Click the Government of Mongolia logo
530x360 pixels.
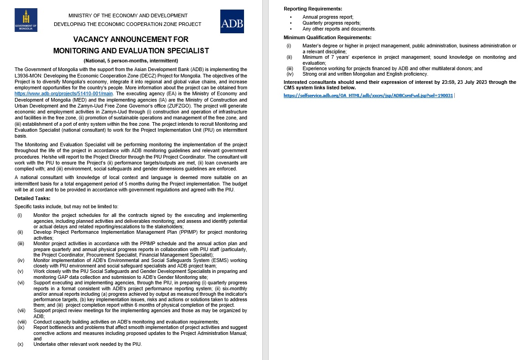(x=26, y=21)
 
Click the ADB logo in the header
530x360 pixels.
(x=232, y=21)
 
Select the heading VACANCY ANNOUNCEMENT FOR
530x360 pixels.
(x=131, y=40)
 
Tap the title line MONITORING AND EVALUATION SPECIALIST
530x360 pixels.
(x=131, y=51)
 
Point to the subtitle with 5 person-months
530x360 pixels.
(x=131, y=61)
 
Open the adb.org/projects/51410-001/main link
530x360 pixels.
(x=63, y=93)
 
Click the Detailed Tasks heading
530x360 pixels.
(x=32, y=198)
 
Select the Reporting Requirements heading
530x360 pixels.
(x=313, y=9)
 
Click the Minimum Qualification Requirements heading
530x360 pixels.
(x=327, y=37)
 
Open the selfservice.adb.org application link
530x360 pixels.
(x=368, y=96)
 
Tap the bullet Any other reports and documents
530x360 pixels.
(x=339, y=29)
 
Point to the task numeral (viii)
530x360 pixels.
(x=21, y=322)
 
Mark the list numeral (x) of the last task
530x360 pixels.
(x=20, y=344)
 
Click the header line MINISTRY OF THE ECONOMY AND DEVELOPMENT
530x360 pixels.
(x=128, y=15)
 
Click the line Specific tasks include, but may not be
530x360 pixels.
(x=67, y=206)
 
